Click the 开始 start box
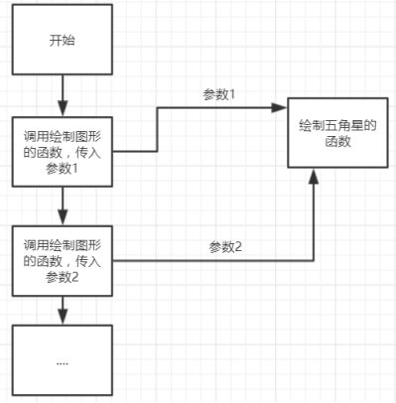[x=62, y=43]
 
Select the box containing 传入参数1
[x=62, y=151]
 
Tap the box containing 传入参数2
[x=62, y=260]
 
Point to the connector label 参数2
[x=225, y=245]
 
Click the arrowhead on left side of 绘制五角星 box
[x=281, y=108]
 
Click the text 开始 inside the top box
[x=62, y=43]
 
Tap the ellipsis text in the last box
[x=62, y=363]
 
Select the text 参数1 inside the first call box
[x=62, y=169]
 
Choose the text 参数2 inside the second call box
[x=62, y=277]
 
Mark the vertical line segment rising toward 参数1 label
[x=157, y=129]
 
